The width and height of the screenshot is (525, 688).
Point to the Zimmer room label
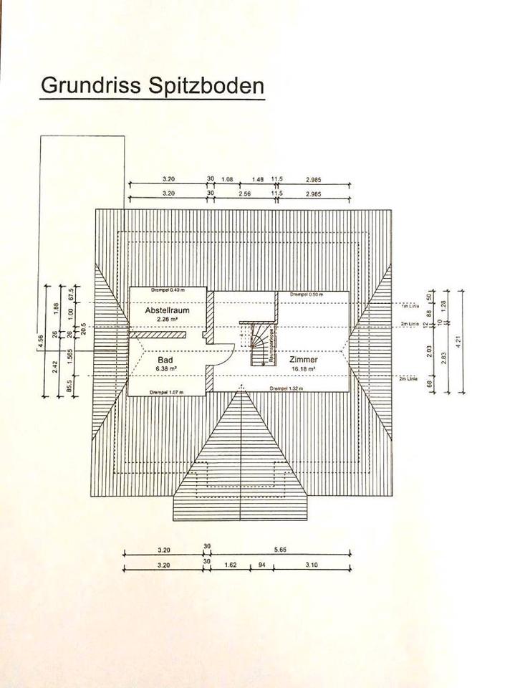coord(304,359)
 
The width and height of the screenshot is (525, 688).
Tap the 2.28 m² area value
coord(166,320)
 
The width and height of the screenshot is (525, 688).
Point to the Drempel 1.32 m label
coord(286,388)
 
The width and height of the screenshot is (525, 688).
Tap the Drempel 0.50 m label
coord(307,295)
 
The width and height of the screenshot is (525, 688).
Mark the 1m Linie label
coord(409,305)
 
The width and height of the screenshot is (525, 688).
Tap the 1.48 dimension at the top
coord(259,179)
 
